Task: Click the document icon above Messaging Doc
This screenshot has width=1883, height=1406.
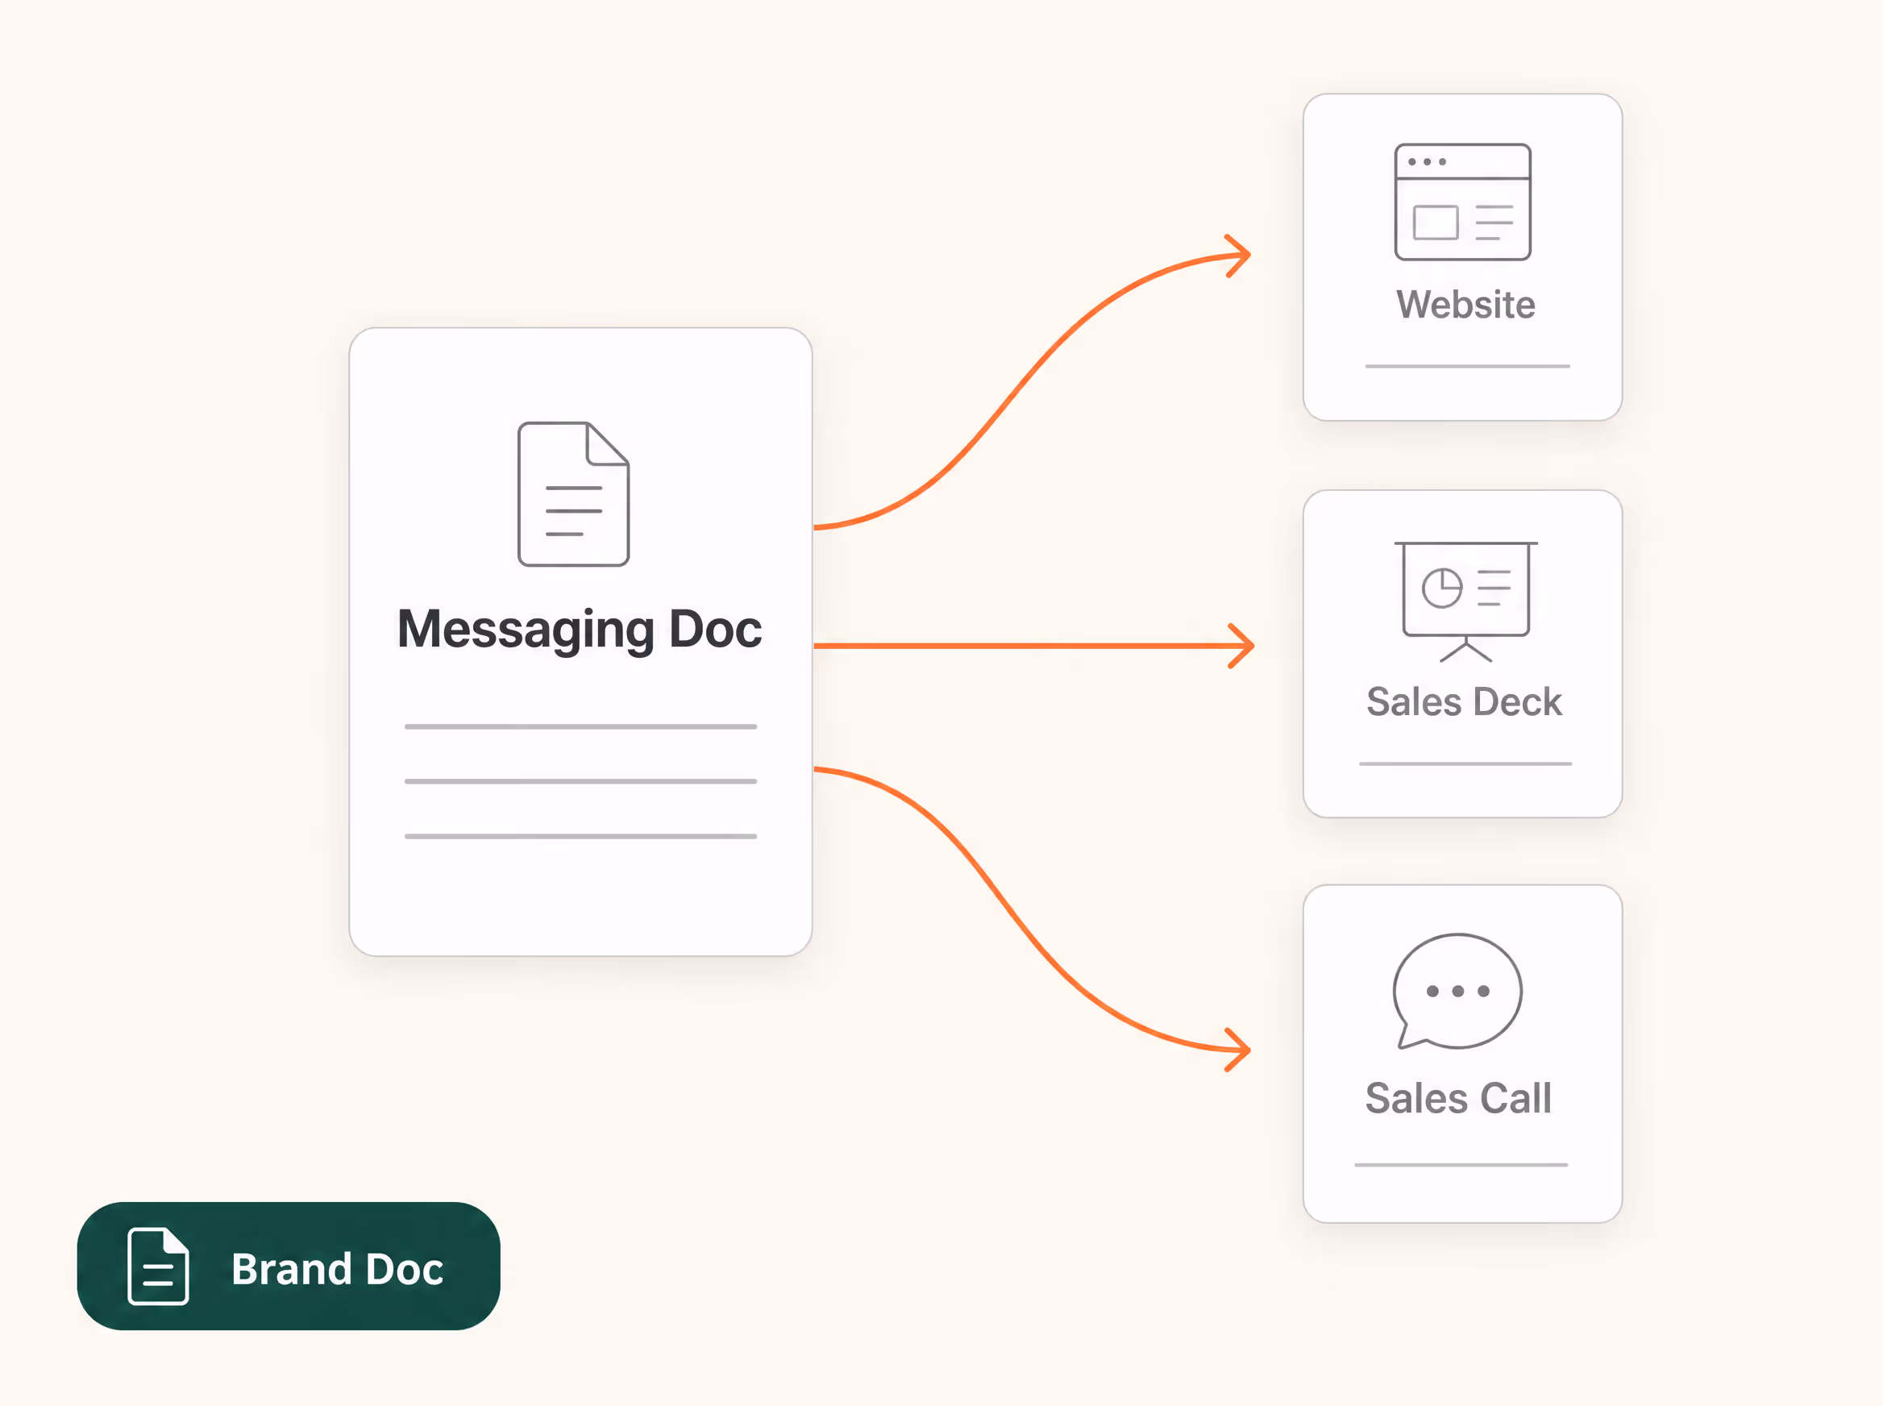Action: click(x=573, y=493)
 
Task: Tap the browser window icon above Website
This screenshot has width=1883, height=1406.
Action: click(x=1463, y=202)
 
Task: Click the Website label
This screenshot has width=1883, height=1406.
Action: click(x=1465, y=305)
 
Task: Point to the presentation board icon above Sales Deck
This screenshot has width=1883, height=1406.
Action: click(x=1465, y=601)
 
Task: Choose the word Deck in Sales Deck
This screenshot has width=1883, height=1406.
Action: click(x=1517, y=702)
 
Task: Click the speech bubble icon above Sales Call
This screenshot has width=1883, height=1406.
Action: click(x=1457, y=992)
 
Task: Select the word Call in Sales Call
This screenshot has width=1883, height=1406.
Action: click(x=1515, y=1098)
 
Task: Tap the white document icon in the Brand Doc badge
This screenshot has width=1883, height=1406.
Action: click(x=158, y=1266)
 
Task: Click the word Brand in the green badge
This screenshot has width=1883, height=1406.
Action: click(x=291, y=1269)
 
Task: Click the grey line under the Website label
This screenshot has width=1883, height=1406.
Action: click(x=1467, y=366)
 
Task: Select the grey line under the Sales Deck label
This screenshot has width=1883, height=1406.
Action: click(x=1465, y=763)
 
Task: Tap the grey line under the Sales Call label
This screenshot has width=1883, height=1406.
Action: click(x=1460, y=1164)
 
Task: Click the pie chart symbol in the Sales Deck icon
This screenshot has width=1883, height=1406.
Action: click(x=1441, y=588)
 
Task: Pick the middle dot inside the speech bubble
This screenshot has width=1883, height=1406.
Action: click(x=1457, y=991)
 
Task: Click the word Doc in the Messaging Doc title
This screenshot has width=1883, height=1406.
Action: click(x=715, y=630)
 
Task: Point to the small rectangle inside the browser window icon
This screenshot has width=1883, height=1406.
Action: click(x=1436, y=223)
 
